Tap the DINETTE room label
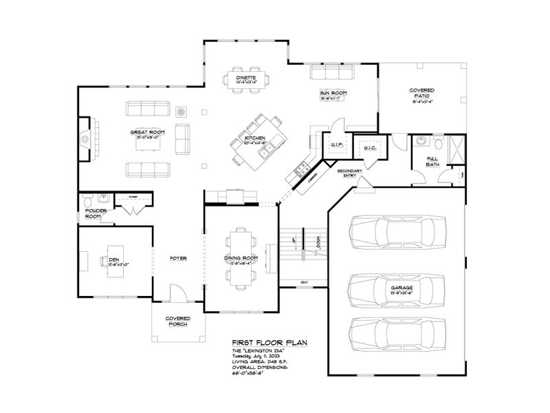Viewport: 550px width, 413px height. click(246, 78)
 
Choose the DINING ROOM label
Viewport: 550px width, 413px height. click(241, 258)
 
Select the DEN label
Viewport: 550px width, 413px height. click(114, 260)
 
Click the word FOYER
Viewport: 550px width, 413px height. click(179, 258)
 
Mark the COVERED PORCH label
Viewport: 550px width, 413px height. click(177, 321)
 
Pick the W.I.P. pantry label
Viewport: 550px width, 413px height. click(336, 145)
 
